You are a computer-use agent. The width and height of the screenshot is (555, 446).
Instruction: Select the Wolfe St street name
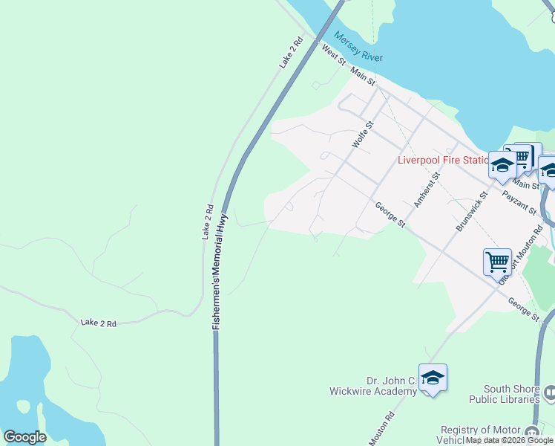[x=362, y=136]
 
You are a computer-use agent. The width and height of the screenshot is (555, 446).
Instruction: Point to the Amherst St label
[x=427, y=190]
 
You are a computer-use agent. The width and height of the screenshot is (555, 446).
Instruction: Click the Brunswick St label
[x=472, y=211]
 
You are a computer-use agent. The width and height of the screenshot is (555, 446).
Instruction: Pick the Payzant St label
[x=519, y=202]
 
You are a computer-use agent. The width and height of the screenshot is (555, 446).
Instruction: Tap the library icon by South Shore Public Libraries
[x=548, y=391]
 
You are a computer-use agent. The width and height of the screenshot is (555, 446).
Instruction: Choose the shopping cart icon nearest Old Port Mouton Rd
[x=497, y=261]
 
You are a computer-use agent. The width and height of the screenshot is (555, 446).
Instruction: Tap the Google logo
[x=24, y=437]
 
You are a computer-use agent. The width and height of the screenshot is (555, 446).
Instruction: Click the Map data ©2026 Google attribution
[x=509, y=441]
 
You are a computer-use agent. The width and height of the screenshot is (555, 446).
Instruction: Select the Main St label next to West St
[x=364, y=75]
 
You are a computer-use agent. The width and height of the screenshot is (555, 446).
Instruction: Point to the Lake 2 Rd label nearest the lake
[x=99, y=323]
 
